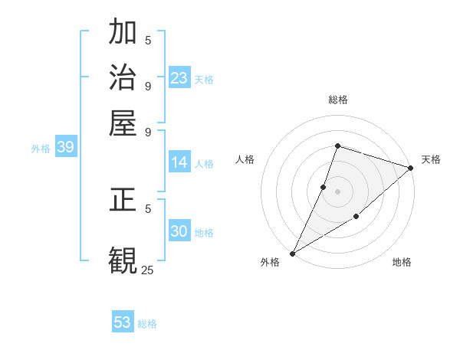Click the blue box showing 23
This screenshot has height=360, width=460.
(x=179, y=78)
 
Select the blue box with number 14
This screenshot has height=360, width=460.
(x=179, y=162)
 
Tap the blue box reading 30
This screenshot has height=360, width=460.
(x=179, y=232)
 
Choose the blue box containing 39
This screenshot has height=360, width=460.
(x=65, y=148)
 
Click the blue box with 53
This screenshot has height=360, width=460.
(x=123, y=322)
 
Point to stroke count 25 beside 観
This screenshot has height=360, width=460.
(x=147, y=270)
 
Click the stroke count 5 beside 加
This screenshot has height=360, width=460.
(x=148, y=41)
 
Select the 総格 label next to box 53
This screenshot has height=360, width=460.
(x=147, y=324)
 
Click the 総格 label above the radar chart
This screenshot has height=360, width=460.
(x=337, y=100)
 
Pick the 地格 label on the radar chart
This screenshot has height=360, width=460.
(x=402, y=263)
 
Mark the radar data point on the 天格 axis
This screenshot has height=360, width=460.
(x=410, y=168)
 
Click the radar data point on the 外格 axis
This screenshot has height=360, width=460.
(x=292, y=253)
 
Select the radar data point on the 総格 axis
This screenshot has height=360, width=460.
(x=337, y=146)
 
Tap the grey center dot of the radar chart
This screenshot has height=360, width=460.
(x=337, y=191)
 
